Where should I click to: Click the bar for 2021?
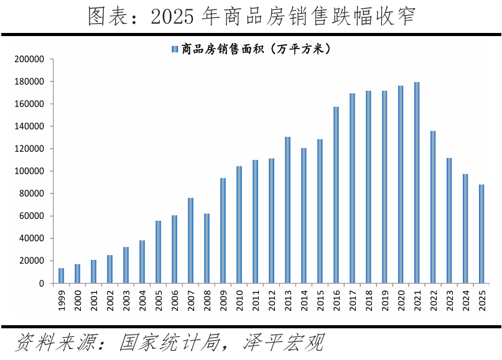417,183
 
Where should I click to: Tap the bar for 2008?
207,248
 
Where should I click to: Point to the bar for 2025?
481,234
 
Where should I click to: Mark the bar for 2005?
159,252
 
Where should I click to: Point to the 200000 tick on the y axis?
29,60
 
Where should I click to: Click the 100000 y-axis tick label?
29,172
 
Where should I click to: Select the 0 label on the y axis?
41,284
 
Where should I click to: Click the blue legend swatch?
174,49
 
